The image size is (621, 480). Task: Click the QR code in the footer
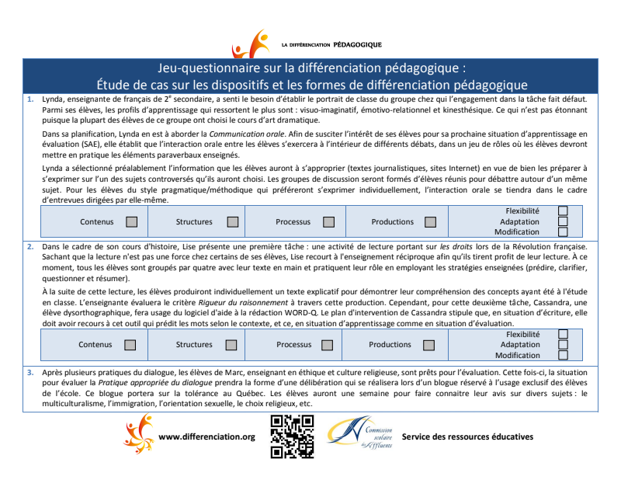(x=291, y=437)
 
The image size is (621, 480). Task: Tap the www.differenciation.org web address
(x=206, y=437)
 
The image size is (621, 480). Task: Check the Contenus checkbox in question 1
(x=132, y=222)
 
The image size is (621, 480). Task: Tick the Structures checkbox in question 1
(x=232, y=222)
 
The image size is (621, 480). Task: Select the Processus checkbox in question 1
(x=328, y=222)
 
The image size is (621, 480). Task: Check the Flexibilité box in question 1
(x=563, y=210)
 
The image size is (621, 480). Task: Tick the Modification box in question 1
(x=563, y=231)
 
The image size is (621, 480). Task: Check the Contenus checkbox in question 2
(x=130, y=345)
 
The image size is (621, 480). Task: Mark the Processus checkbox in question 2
(x=328, y=345)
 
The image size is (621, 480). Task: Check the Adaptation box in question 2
(x=563, y=345)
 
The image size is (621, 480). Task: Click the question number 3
(x=29, y=372)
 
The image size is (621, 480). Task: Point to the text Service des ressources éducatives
(x=467, y=437)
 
